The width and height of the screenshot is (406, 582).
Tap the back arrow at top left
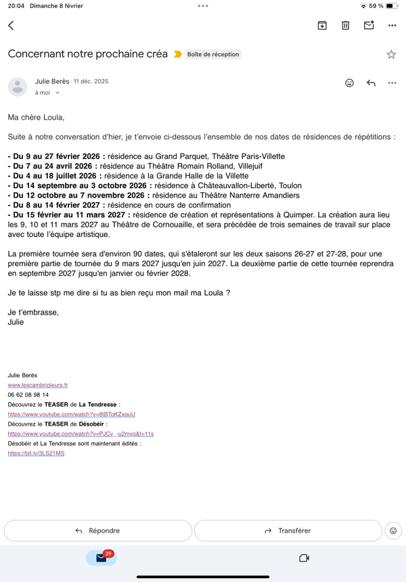coord(11,26)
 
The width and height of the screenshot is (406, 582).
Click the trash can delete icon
coord(345,26)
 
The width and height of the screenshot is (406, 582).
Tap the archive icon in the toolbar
coord(322,26)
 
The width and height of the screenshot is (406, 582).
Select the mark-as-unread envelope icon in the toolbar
coord(369,26)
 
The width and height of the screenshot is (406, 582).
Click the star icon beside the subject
coord(391,54)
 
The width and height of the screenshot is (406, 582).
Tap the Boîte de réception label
coord(213,54)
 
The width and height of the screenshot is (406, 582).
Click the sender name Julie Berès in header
coord(52,81)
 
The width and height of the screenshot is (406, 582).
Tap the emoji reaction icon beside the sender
coord(349,83)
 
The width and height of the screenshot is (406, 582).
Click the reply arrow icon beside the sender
coord(371,83)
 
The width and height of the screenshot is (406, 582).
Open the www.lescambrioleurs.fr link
coord(38,385)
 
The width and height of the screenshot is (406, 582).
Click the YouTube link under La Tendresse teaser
coord(72,414)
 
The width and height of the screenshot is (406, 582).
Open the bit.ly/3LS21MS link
coord(36,453)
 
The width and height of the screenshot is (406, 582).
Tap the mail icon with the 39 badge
coord(101,558)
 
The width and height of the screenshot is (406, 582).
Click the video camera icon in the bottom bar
coord(304,558)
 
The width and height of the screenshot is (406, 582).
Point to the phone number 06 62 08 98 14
coord(28,395)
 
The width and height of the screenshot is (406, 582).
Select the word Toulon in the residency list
coord(288,185)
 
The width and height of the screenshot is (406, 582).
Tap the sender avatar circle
coord(18,87)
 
